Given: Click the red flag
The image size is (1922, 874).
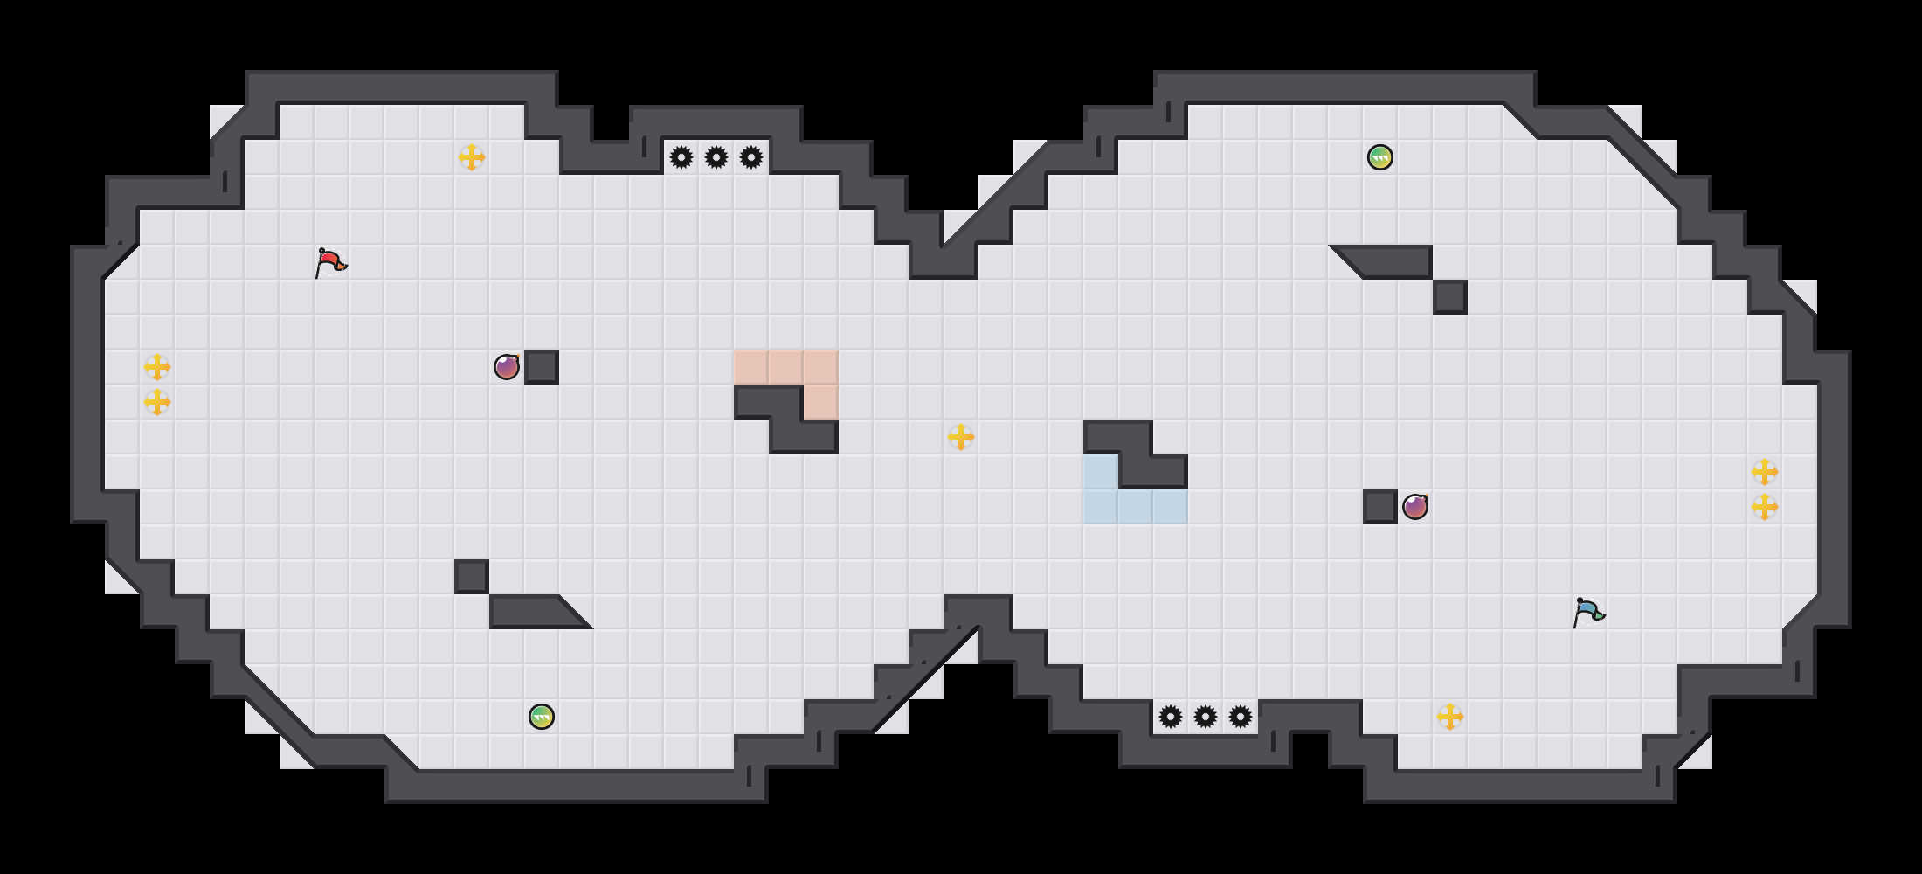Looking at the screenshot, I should [x=330, y=262].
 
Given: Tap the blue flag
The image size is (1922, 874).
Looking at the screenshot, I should [x=1588, y=612].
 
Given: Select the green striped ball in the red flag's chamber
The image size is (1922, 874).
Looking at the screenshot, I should [x=542, y=717].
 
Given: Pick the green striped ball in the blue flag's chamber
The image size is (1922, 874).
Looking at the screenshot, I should [x=1380, y=157].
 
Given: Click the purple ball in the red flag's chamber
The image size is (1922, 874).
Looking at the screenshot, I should [x=507, y=367].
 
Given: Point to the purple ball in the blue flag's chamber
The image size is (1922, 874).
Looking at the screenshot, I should [x=1415, y=507].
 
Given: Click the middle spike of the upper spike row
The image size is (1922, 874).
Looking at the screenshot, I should [x=716, y=157].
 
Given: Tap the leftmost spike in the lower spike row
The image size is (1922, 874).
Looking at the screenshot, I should [x=1171, y=717].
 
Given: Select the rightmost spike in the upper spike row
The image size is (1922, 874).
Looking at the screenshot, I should [x=751, y=157].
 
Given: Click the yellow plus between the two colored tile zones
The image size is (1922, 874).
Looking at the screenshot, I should [x=961, y=437].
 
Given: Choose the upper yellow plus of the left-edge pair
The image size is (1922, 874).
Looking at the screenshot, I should [x=157, y=367].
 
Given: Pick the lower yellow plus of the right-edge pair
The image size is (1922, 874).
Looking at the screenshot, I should [x=1765, y=507].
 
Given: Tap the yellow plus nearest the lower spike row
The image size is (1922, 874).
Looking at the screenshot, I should [x=1450, y=717].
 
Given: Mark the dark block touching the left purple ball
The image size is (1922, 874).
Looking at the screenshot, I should [x=542, y=367].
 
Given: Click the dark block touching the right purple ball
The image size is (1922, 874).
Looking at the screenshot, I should [x=1380, y=507].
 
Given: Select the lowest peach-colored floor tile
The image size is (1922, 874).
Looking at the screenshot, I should [x=821, y=402].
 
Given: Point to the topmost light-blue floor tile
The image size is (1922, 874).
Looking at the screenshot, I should [x=1101, y=472].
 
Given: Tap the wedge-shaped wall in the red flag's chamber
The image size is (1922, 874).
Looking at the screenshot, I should [x=533, y=612].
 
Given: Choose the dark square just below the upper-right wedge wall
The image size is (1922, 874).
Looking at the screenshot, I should [x=1450, y=297].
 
